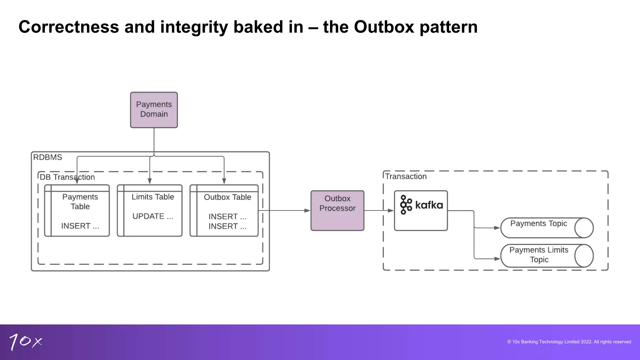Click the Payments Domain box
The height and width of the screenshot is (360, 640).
[x=154, y=110]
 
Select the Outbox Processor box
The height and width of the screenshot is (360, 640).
[x=337, y=210]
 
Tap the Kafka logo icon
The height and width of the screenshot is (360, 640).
[x=406, y=205]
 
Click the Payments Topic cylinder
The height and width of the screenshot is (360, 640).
[x=546, y=228]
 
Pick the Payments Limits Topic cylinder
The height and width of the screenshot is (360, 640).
[x=546, y=256]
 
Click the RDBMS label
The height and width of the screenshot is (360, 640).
[x=47, y=157]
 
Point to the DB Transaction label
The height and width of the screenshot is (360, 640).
[x=67, y=177]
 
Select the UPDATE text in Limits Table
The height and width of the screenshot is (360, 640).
[x=152, y=216]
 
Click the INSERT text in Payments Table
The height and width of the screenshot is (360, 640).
[x=80, y=226]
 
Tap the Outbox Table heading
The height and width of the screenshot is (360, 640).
[x=227, y=197]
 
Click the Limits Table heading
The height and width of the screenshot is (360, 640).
[x=152, y=197]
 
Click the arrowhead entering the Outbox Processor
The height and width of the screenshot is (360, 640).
[x=307, y=211]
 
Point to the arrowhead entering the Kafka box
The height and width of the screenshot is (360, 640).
[x=391, y=211]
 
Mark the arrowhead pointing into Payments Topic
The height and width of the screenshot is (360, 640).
[x=497, y=228]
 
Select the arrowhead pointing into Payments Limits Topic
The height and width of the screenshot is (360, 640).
[x=497, y=259]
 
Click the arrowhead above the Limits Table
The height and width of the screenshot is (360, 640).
[x=150, y=181]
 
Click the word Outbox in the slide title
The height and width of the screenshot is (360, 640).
[x=384, y=27]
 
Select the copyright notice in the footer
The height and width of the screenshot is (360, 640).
[x=569, y=342]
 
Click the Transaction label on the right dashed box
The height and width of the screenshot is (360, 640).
[x=406, y=177]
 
